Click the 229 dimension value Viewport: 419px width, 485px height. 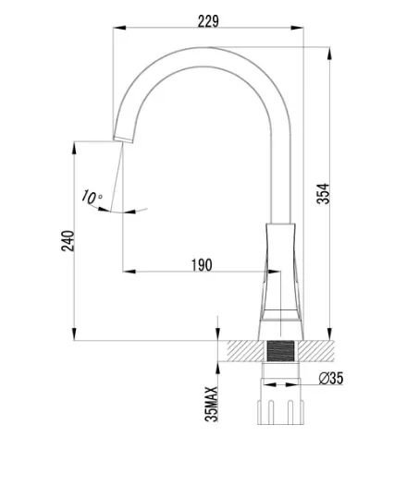point(208,21)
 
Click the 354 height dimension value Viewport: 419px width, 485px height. point(324,194)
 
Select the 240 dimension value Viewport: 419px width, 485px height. point(68,240)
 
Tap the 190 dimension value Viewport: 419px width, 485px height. point(202,265)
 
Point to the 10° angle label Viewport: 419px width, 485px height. point(92,197)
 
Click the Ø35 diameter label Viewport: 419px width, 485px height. point(331,378)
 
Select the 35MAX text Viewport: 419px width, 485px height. point(211,404)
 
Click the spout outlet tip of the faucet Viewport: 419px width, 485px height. point(123,139)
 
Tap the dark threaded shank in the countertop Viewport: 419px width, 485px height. point(280,351)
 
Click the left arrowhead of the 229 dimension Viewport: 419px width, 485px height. point(119,28)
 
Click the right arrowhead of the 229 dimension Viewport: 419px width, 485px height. point(297,28)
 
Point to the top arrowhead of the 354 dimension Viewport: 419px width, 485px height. point(329,54)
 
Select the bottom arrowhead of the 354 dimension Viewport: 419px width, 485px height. point(329,334)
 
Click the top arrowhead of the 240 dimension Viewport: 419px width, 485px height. point(74,148)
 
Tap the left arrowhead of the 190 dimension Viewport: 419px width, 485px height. point(129,272)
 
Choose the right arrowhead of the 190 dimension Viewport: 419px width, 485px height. point(274,272)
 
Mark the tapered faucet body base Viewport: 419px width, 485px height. point(280,282)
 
